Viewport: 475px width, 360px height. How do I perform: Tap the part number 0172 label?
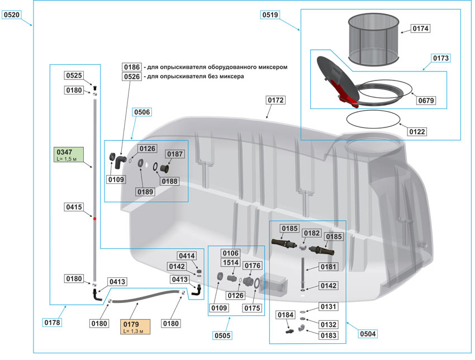275,101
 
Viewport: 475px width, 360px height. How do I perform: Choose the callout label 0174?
422,28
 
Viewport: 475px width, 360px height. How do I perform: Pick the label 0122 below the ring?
417,132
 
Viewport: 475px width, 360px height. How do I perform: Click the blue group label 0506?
141,112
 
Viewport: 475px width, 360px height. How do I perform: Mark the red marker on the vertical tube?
94,219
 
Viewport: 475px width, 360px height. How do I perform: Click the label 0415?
74,207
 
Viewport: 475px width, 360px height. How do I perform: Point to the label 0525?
74,75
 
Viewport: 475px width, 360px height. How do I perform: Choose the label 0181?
328,267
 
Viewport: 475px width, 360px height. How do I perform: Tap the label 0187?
175,154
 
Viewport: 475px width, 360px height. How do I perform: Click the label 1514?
231,262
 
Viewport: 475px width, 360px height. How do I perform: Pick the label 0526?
131,77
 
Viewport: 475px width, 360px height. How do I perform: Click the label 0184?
286,315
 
